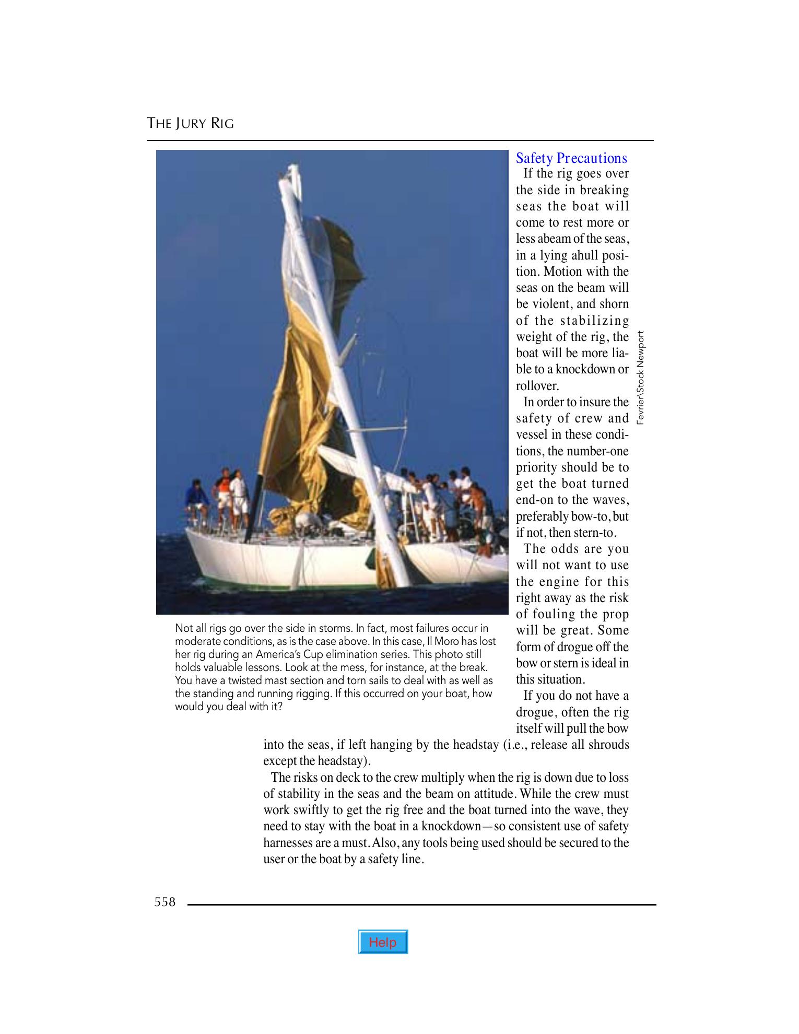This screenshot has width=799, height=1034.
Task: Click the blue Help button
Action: click(383, 942)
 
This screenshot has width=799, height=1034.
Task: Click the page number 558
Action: click(165, 902)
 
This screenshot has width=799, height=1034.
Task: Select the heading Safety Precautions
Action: click(571, 158)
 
